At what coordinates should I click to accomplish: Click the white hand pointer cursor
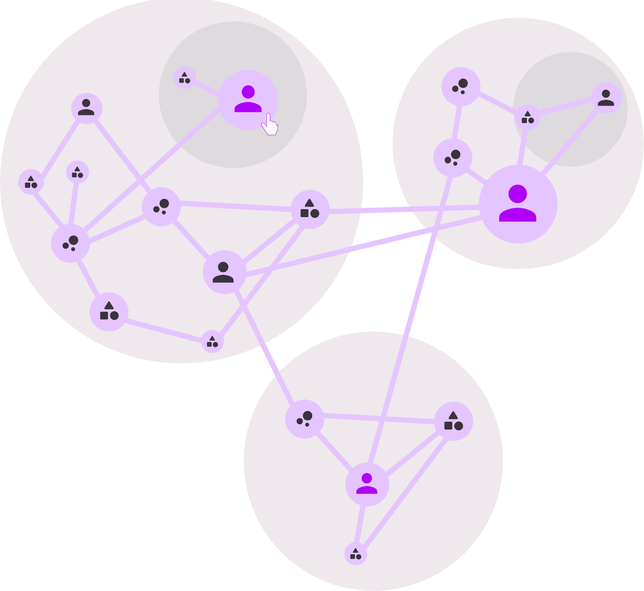click(x=270, y=125)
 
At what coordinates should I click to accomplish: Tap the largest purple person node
click(x=518, y=204)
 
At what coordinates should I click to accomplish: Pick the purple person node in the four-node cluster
click(x=367, y=484)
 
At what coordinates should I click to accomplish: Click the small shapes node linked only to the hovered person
click(x=184, y=78)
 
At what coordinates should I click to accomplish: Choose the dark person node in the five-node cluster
click(x=606, y=98)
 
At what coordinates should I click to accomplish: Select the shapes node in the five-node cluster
click(x=527, y=117)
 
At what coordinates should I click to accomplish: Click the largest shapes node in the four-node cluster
click(x=453, y=421)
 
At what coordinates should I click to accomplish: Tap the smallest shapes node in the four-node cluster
click(x=355, y=554)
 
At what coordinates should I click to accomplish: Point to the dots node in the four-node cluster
click(x=304, y=419)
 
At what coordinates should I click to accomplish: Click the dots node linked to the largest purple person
click(x=452, y=157)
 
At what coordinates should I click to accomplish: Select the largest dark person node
click(x=224, y=272)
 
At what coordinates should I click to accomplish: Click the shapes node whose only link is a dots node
click(x=77, y=172)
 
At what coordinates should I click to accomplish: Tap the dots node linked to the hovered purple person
click(x=70, y=243)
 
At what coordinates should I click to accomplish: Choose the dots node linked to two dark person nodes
click(x=161, y=207)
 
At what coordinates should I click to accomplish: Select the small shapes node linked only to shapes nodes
click(x=212, y=341)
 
